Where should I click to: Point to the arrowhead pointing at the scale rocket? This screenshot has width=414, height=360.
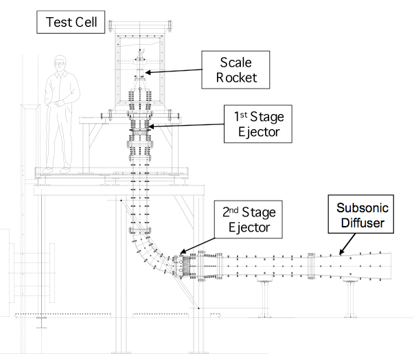pyautogui.click(x=146, y=71)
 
